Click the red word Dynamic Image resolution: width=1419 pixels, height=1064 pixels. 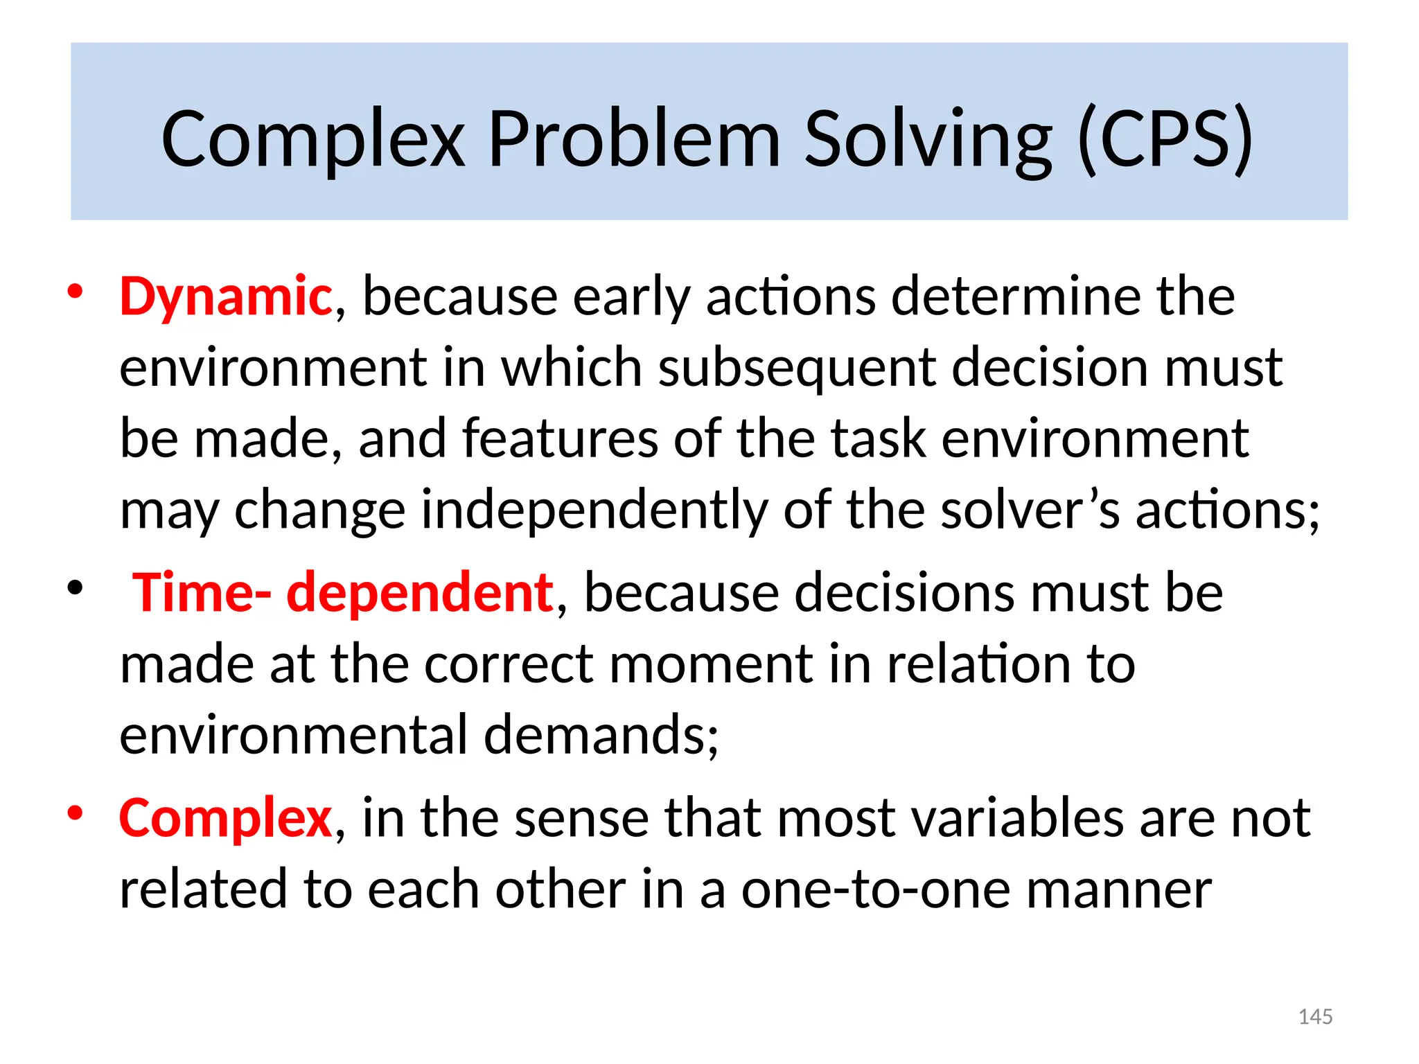click(x=225, y=296)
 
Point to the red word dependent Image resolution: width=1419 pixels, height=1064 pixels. click(x=420, y=593)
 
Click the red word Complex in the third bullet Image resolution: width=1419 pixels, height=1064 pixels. click(x=225, y=818)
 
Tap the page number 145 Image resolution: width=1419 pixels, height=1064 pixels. click(x=1315, y=1017)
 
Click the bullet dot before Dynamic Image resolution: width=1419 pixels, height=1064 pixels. click(x=75, y=292)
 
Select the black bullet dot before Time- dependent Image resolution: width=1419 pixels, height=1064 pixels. click(x=75, y=589)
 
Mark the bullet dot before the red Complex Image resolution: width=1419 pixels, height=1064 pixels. click(x=75, y=813)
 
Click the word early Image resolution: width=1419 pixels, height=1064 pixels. click(x=631, y=296)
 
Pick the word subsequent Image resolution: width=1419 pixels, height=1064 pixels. click(x=796, y=367)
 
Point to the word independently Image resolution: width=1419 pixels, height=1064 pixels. click(x=594, y=510)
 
